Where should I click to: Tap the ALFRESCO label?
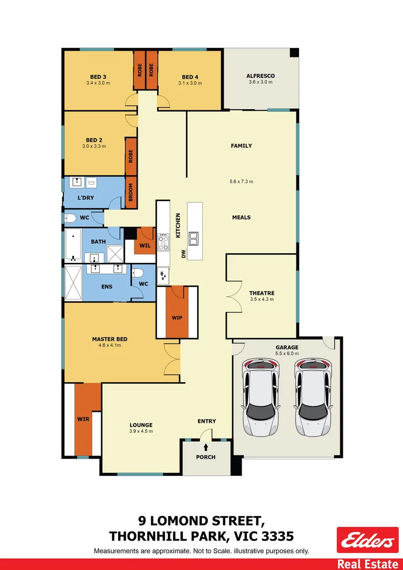[x=261, y=76]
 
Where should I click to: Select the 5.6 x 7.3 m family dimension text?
[x=242, y=182]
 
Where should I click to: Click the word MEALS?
[x=242, y=217]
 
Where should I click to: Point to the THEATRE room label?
[x=262, y=293]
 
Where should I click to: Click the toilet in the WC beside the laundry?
[x=70, y=217]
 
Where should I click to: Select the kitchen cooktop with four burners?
[x=164, y=242]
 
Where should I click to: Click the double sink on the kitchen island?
[x=194, y=239]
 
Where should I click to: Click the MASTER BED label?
[x=110, y=339]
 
